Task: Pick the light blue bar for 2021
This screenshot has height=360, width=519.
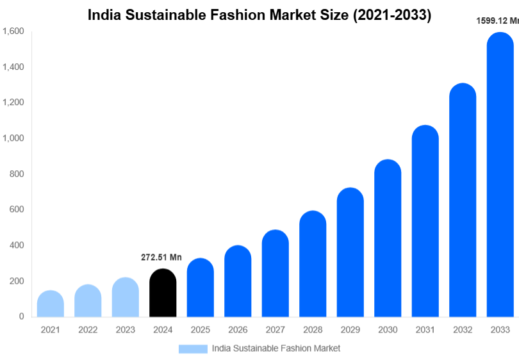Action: [x=51, y=304]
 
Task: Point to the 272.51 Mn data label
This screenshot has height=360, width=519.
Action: [x=161, y=258]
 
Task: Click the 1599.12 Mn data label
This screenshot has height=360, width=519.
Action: [x=497, y=20]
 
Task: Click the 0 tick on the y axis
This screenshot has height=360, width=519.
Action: [x=21, y=316]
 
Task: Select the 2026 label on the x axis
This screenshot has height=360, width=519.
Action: [x=238, y=330]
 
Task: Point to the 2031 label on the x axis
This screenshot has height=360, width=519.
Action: [x=425, y=330]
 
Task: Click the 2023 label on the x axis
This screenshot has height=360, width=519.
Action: [x=126, y=330]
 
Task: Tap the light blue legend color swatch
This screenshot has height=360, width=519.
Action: [x=193, y=348]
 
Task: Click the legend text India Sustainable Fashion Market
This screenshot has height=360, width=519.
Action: [x=276, y=348]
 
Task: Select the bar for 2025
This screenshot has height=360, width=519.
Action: [x=201, y=288]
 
